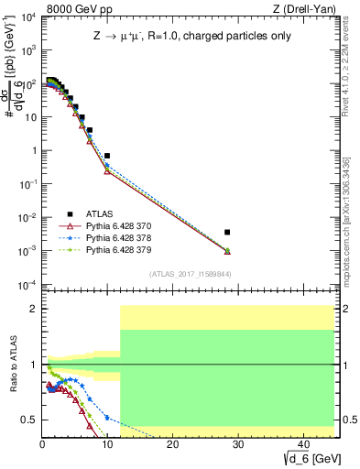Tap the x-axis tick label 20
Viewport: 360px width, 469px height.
[172, 443]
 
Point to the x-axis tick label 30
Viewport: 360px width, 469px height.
[237, 443]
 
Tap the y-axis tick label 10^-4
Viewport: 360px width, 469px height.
[27, 284]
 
